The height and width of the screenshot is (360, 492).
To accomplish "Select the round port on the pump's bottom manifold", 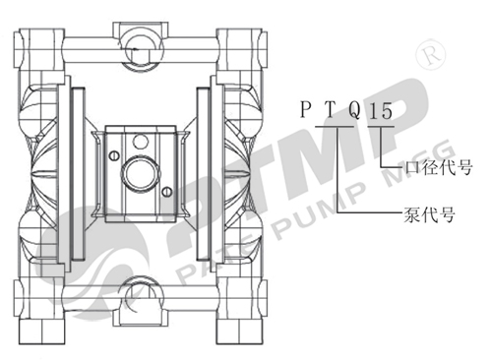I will (140, 292).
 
